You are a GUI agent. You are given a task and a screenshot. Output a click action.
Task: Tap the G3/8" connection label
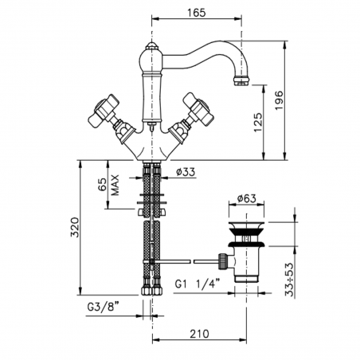pos(108,305)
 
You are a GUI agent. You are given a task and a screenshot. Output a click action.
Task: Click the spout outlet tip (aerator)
pos(241,80)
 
